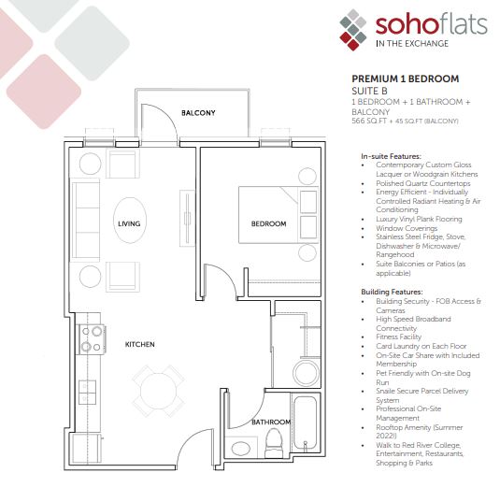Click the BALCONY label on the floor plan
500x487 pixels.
(198, 113)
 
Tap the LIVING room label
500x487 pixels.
(129, 224)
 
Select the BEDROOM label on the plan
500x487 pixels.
(268, 224)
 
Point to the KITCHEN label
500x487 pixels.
(139, 344)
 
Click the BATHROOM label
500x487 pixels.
(271, 423)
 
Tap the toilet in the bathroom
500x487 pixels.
(274, 440)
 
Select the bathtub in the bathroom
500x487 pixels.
(305, 422)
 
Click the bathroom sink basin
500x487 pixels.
(241, 448)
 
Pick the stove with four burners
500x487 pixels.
(92, 339)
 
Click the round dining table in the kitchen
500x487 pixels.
(158, 391)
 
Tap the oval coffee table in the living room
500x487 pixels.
(130, 220)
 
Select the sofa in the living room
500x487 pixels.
(85, 220)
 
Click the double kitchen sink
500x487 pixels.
(87, 392)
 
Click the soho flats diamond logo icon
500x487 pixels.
(353, 29)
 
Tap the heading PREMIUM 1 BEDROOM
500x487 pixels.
(406, 79)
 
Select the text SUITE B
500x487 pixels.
(369, 92)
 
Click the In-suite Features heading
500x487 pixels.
(391, 156)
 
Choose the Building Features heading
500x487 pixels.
(392, 292)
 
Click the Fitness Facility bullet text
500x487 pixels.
(398, 337)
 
